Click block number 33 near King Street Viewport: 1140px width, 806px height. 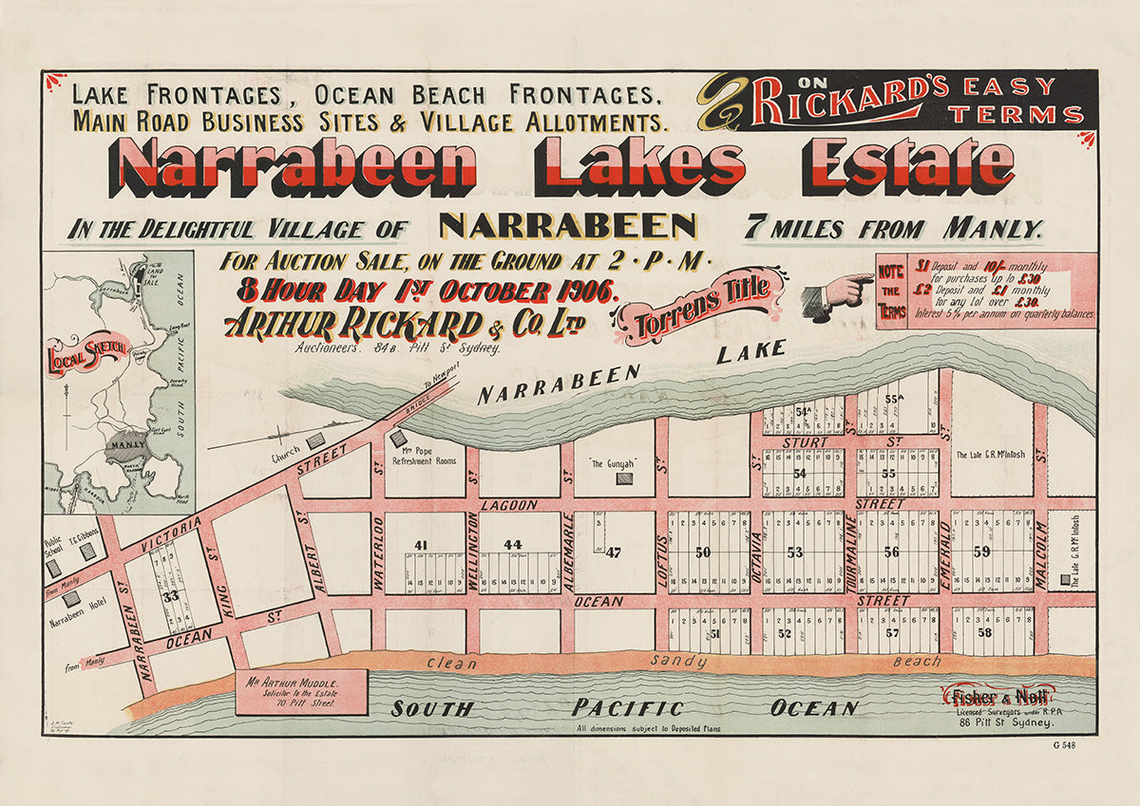[170, 596]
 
